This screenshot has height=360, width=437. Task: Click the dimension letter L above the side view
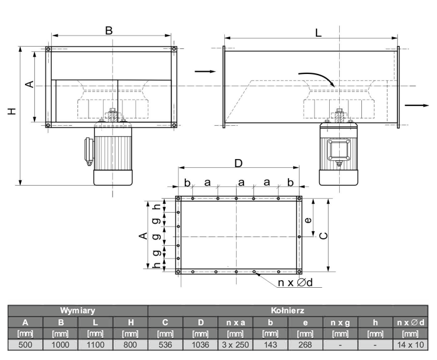point(318,33)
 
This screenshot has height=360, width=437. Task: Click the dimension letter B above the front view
point(109,30)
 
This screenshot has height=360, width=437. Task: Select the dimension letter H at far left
point(12,111)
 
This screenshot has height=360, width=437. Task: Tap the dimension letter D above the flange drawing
point(238,163)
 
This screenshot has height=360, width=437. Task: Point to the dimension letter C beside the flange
point(323,236)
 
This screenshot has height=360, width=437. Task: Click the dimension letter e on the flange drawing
point(308,220)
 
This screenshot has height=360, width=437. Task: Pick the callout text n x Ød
point(295,283)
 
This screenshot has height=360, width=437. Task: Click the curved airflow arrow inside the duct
point(320,77)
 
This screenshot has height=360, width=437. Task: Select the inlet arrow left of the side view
point(205,72)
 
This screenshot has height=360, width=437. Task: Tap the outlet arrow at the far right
point(417,105)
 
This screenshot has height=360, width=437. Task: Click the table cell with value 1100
point(96,345)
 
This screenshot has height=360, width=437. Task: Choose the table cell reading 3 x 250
point(235,345)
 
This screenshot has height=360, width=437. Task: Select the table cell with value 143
point(270,345)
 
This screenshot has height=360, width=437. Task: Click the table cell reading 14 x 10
point(411,345)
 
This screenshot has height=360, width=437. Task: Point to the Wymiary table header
point(77,310)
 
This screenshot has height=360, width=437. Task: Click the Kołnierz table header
point(288,310)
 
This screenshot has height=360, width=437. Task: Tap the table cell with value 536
point(165,345)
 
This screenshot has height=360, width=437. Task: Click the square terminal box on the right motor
point(339,150)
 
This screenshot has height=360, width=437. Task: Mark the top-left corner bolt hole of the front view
point(48,49)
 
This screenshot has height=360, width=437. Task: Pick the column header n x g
point(340,323)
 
